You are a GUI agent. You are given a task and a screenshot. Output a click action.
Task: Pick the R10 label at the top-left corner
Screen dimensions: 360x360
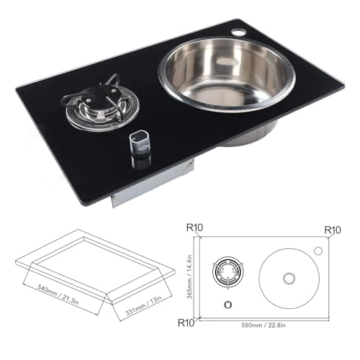(194, 229)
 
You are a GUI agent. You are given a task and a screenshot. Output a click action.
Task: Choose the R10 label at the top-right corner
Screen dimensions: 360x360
(333, 230)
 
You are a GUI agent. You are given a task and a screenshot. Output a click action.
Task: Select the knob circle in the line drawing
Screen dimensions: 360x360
(228, 305)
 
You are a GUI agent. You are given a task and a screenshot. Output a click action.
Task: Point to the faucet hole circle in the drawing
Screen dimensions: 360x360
(317, 251)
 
